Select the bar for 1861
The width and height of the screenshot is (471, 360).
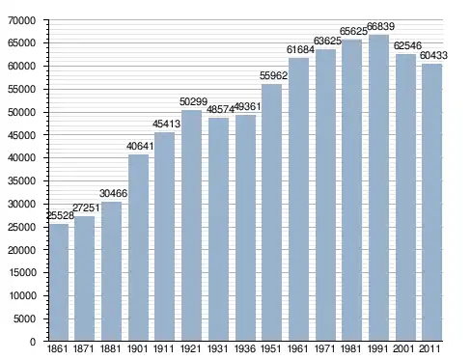[59, 282]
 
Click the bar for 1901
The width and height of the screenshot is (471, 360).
[138, 248]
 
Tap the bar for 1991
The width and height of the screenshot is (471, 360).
[378, 187]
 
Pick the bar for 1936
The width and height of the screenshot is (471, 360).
[245, 228]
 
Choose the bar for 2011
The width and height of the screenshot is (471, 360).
[432, 203]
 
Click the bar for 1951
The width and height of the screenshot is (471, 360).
[272, 212]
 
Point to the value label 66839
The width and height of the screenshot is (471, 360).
[380, 26]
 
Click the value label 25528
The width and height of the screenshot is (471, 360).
[61, 215]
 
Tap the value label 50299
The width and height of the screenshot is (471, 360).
[193, 101]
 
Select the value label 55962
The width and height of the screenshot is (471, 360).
[273, 75]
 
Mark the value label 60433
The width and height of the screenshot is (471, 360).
[433, 55]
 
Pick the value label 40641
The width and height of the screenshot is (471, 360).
[140, 146]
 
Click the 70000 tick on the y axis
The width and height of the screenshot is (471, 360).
[21, 20]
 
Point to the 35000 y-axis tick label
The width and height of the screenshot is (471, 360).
[21, 181]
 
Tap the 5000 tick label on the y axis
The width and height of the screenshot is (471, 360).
[24, 318]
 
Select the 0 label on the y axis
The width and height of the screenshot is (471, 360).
[33, 342]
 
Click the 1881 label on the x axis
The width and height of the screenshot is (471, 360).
[110, 348]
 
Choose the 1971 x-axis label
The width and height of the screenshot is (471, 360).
[324, 348]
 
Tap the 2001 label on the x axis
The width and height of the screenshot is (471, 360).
[404, 348]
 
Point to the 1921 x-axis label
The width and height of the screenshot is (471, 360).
[191, 348]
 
